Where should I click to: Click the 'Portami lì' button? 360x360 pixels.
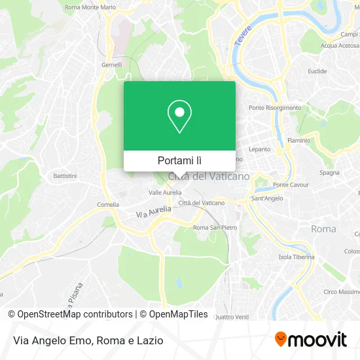[x=179, y=160]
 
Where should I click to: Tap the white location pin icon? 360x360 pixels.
[x=179, y=118]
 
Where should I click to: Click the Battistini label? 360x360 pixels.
[x=65, y=176]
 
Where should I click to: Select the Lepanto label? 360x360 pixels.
[x=259, y=149]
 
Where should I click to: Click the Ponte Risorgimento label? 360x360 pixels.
[x=275, y=108]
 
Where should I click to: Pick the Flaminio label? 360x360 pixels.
[x=298, y=140]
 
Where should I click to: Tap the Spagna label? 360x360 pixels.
[x=329, y=173]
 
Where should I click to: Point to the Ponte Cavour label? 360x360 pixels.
[x=291, y=185]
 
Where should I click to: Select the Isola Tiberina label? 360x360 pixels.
[x=296, y=257]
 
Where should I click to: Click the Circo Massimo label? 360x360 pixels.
[x=341, y=291]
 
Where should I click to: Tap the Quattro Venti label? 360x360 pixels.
[x=232, y=317]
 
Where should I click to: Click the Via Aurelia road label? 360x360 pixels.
[x=153, y=211]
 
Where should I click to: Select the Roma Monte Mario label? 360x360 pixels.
[x=90, y=7]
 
